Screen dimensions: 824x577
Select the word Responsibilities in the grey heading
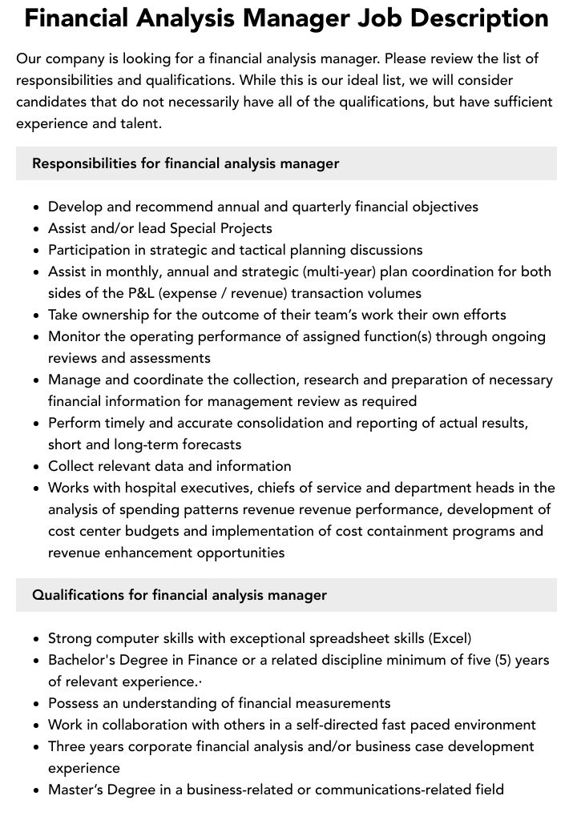click(x=84, y=163)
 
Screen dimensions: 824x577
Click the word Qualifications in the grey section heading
click(x=78, y=595)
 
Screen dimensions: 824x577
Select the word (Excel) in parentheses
click(x=450, y=638)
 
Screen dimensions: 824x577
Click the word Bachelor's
click(x=83, y=660)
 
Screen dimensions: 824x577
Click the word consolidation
click(x=282, y=423)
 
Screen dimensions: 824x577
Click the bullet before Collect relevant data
click(x=37, y=467)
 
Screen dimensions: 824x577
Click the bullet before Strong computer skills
click(x=37, y=639)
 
